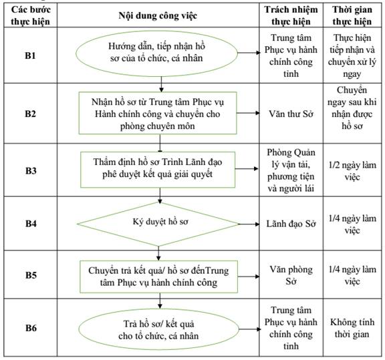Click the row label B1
(x=30, y=55)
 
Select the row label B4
(x=31, y=224)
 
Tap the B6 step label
(x=31, y=328)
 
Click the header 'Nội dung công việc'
(x=158, y=15)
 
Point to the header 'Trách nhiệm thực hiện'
(x=291, y=15)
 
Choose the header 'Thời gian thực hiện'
(x=352, y=15)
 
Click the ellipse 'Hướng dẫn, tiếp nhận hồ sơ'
(x=156, y=53)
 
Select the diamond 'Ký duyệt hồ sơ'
(x=158, y=224)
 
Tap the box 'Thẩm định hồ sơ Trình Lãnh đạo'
(x=158, y=170)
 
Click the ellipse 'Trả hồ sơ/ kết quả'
(x=158, y=329)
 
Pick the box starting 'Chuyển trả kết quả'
(x=158, y=277)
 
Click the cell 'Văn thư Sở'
(x=291, y=114)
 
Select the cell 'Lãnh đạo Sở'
(x=291, y=224)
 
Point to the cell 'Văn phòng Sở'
(x=291, y=275)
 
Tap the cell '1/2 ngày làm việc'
(x=352, y=171)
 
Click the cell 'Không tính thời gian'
(x=352, y=328)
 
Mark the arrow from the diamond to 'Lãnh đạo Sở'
(x=249, y=224)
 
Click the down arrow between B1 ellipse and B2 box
(x=161, y=84)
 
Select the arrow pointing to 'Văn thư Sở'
(x=248, y=113)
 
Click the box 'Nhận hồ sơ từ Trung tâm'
(x=158, y=113)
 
